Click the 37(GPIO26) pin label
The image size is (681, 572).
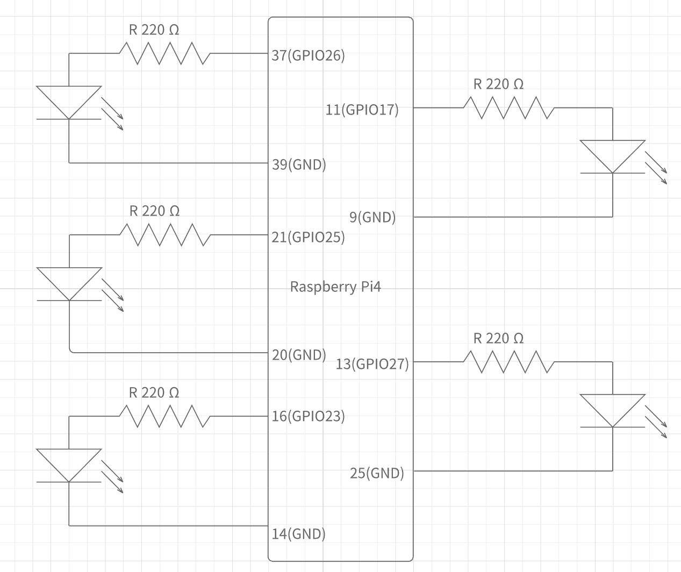pos(308,55)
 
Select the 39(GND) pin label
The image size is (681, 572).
pos(299,165)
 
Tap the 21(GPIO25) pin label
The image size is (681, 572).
pos(308,237)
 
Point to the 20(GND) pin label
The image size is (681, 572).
pos(299,355)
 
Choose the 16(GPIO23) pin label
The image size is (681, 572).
pos(308,416)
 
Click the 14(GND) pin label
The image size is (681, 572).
pos(299,534)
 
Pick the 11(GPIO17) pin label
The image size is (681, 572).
pos(362,110)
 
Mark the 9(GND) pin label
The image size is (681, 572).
pos(372,217)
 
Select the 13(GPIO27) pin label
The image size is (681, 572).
pos(372,364)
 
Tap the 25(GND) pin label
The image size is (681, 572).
pos(377,473)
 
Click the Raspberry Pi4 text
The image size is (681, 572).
pos(335,287)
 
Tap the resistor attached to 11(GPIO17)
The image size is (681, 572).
pos(508,108)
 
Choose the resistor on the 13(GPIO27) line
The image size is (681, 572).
pos(508,362)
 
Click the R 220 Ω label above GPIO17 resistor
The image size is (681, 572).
pos(498,84)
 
